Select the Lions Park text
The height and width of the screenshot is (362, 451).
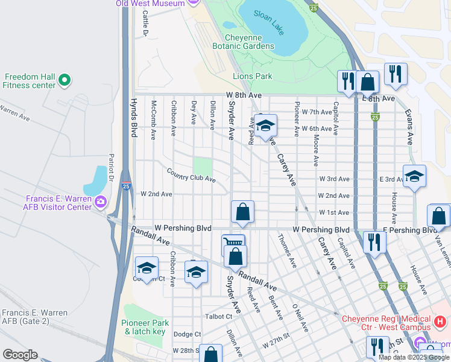click(x=253, y=76)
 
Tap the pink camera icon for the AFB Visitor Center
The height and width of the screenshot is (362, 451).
click(x=100, y=201)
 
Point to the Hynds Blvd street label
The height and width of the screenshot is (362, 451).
click(x=134, y=118)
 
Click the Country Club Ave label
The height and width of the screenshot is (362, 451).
click(x=191, y=175)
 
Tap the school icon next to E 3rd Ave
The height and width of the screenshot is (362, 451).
click(x=414, y=176)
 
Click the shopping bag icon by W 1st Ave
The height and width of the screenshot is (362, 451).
click(x=242, y=211)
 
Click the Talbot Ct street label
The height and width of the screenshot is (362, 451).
click(x=219, y=316)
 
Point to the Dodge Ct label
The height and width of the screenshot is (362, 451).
click(x=187, y=334)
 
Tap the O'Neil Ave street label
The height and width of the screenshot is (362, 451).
click(x=300, y=318)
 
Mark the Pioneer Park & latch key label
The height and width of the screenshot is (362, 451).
click(x=143, y=328)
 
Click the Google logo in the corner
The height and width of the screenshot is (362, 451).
click(x=20, y=355)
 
